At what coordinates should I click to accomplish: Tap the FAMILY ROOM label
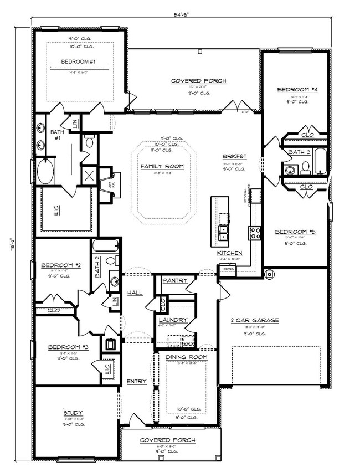tap(162, 166)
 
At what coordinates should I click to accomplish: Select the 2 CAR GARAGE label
tap(254, 320)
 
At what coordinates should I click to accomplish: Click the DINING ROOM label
tap(187, 357)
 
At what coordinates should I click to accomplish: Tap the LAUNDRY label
tap(172, 320)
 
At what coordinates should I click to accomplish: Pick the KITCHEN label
tap(229, 253)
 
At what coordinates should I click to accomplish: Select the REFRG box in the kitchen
tap(227, 269)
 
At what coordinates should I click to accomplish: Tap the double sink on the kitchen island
tap(224, 233)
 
